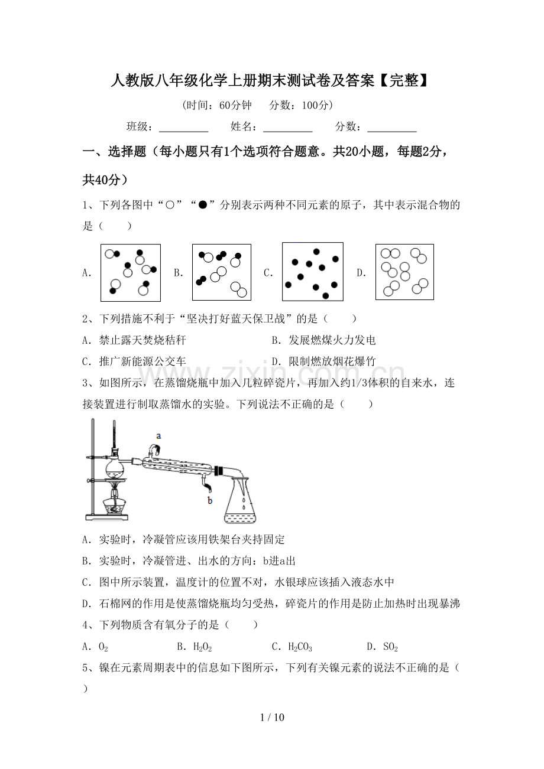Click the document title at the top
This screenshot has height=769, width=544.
pyautogui.click(x=269, y=81)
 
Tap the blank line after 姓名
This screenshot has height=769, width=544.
pyautogui.click(x=287, y=127)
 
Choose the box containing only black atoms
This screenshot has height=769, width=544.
pyautogui.click(x=313, y=272)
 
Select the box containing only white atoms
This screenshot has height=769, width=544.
pyautogui.click(x=404, y=272)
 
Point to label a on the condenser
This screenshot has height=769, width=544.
pyautogui.click(x=158, y=436)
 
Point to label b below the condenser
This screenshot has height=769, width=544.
pyautogui.click(x=209, y=500)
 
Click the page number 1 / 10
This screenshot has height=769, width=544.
pyautogui.click(x=272, y=718)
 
